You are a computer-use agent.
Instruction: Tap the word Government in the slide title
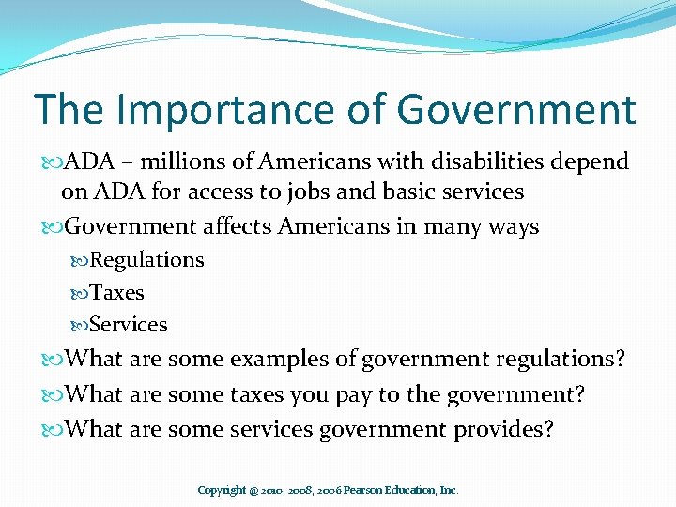click(515, 110)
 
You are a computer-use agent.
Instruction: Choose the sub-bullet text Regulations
click(146, 260)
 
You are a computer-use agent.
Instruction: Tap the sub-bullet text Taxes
click(116, 292)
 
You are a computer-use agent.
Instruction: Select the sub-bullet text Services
click(129, 325)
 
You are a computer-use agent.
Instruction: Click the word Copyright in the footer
click(222, 490)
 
